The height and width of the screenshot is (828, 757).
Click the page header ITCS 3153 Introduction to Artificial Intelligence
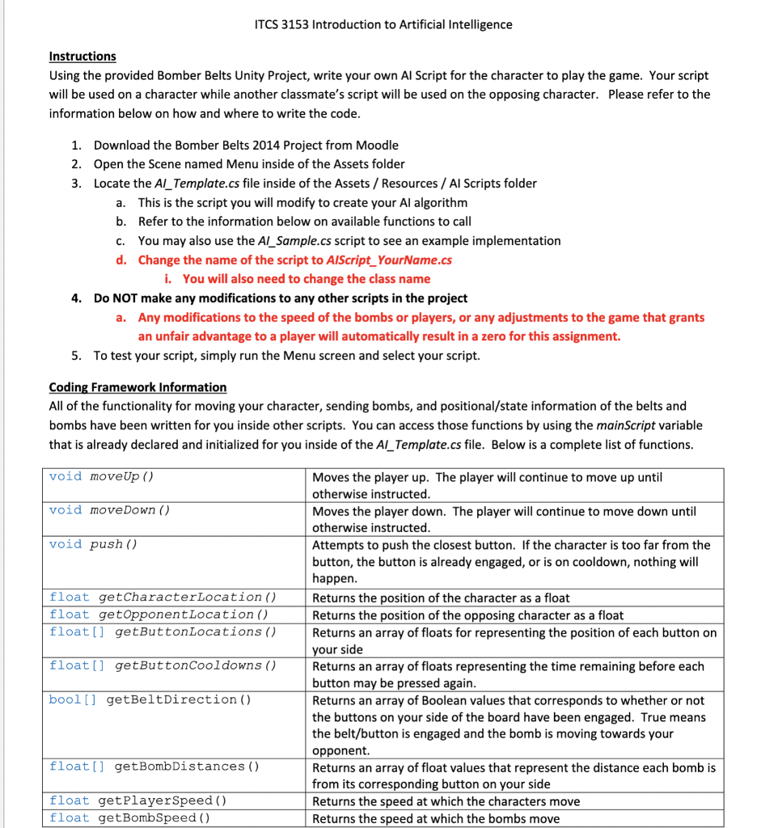(x=383, y=24)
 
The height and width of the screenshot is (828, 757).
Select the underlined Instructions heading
(x=82, y=57)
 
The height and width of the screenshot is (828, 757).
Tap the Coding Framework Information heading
(x=137, y=387)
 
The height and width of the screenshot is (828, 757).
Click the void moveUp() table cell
(x=101, y=476)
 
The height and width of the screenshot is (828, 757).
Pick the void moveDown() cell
(x=109, y=510)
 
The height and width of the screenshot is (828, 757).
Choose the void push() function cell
(x=93, y=544)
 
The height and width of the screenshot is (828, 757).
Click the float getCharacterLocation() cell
(x=163, y=598)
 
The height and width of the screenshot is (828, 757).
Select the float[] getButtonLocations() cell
(x=163, y=632)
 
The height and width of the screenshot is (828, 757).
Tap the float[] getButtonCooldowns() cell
(x=163, y=665)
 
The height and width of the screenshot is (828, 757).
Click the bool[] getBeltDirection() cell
(x=150, y=699)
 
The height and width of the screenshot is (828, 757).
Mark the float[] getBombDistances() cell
(x=154, y=767)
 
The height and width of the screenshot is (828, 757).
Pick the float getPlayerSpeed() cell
(x=137, y=801)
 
